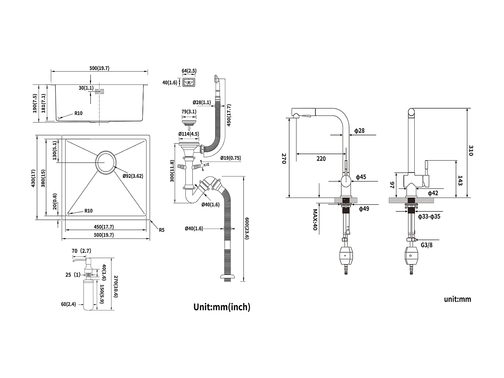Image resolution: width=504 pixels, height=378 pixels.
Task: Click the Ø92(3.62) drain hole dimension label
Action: (133, 176)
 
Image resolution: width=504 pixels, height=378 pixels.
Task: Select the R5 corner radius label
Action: (162, 230)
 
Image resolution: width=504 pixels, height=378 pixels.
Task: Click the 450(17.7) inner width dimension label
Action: (103, 227)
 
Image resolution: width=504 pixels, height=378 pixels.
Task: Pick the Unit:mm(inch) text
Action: (222, 307)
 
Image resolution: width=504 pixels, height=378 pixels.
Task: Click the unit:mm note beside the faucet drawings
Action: (457, 299)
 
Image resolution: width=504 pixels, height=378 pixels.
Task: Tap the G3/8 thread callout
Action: (427, 245)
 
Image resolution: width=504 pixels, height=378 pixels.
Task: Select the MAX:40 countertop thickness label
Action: (315, 220)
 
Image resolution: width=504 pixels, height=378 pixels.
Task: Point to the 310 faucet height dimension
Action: (470, 151)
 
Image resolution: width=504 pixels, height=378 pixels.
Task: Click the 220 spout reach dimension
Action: (321, 159)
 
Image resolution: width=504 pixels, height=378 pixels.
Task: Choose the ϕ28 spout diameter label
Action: (359, 131)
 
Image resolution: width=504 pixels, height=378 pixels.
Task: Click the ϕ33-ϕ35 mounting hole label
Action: (429, 217)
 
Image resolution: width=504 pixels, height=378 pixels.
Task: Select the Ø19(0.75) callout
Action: (230, 158)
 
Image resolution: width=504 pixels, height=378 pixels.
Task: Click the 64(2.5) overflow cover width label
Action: (189, 71)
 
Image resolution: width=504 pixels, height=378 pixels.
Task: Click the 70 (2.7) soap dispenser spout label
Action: (81, 251)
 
